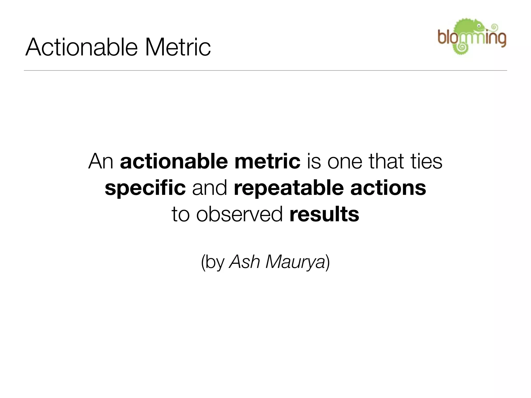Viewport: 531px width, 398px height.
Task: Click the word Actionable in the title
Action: point(81,47)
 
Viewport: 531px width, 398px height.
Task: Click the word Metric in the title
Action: point(178,47)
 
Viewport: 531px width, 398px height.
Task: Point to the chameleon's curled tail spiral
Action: point(462,47)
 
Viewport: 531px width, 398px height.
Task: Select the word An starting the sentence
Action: point(101,162)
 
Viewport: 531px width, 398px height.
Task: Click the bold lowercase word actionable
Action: point(174,162)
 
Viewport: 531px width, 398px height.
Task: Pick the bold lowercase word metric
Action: point(267,162)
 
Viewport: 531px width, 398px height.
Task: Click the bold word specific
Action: point(145,188)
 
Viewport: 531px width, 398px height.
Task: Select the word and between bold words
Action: point(209,188)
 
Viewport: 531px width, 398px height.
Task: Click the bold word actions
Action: point(388,188)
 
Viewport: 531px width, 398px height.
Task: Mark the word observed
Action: point(239,215)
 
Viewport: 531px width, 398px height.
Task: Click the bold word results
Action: point(324,215)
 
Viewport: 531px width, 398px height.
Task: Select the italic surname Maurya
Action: point(295,262)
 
